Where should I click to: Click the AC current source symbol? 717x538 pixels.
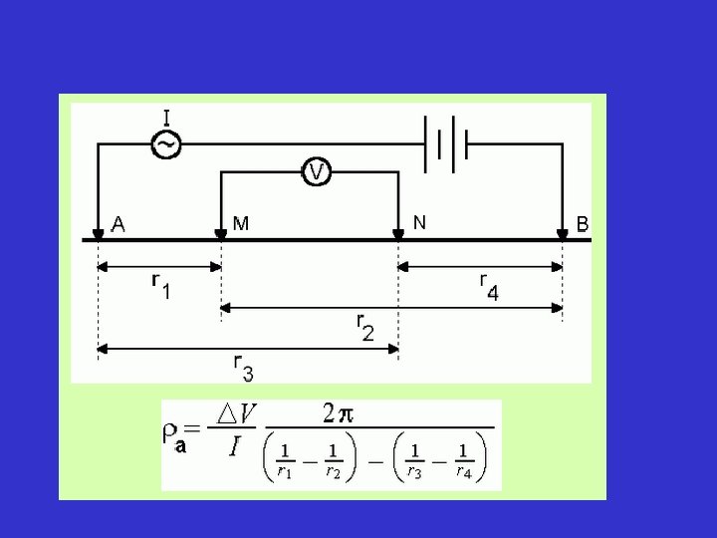pyautogui.click(x=165, y=145)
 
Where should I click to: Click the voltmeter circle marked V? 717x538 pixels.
pyautogui.click(x=316, y=172)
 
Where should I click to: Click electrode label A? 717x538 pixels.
pyautogui.click(x=119, y=224)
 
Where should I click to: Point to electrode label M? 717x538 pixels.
pyautogui.click(x=242, y=222)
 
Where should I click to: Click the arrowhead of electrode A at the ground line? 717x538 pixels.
pyautogui.click(x=98, y=234)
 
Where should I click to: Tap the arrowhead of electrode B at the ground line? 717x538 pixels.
pyautogui.click(x=563, y=234)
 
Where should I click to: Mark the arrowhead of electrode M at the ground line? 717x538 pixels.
pyautogui.click(x=220, y=234)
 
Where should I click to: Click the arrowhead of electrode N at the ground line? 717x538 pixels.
pyautogui.click(x=398, y=234)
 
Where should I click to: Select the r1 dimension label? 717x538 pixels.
pyautogui.click(x=159, y=286)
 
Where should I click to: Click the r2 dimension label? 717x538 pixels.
pyautogui.click(x=364, y=326)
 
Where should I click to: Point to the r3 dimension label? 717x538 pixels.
pyautogui.click(x=243, y=367)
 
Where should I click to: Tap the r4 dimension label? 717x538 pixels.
pyautogui.click(x=488, y=286)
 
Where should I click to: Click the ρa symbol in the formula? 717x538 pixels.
pyautogui.click(x=173, y=436)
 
